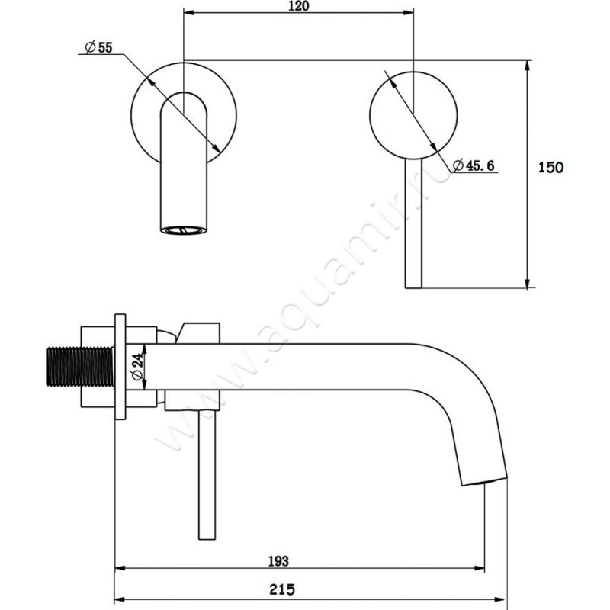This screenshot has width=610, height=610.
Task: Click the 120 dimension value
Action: click(299, 6)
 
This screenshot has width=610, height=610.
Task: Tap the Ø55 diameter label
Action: click(99, 47)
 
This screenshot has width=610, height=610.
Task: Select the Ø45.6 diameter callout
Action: click(474, 165)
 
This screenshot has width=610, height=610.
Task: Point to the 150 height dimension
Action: click(551, 167)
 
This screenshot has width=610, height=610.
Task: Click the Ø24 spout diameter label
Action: click(137, 368)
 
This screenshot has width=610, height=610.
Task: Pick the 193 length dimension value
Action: click(278, 561)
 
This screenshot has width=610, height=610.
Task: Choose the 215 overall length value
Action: click(281, 589)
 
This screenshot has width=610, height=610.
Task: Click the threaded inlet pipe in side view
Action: click(80, 367)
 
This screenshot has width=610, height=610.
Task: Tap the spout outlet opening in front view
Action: click(184, 230)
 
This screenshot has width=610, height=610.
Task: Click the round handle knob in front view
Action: click(413, 115)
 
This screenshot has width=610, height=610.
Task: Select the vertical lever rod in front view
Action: click(413, 223)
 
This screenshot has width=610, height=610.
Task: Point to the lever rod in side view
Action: click(207, 474)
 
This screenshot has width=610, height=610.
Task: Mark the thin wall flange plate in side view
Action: click(120, 367)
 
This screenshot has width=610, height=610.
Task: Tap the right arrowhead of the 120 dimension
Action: click(408, 13)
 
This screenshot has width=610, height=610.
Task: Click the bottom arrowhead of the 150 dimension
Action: click(527, 283)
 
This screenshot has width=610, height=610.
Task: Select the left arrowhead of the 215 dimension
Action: click(120, 599)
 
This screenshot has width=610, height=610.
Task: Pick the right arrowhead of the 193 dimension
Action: click(480, 568)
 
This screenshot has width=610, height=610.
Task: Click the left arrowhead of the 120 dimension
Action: click(188, 13)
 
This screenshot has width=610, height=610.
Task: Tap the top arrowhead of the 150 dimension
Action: click(527, 66)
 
